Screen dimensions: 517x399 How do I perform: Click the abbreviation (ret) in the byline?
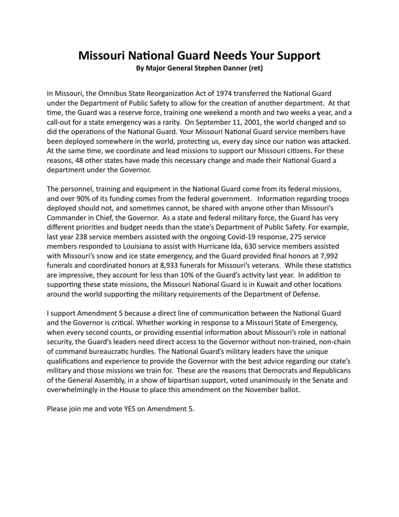point(256,69)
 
